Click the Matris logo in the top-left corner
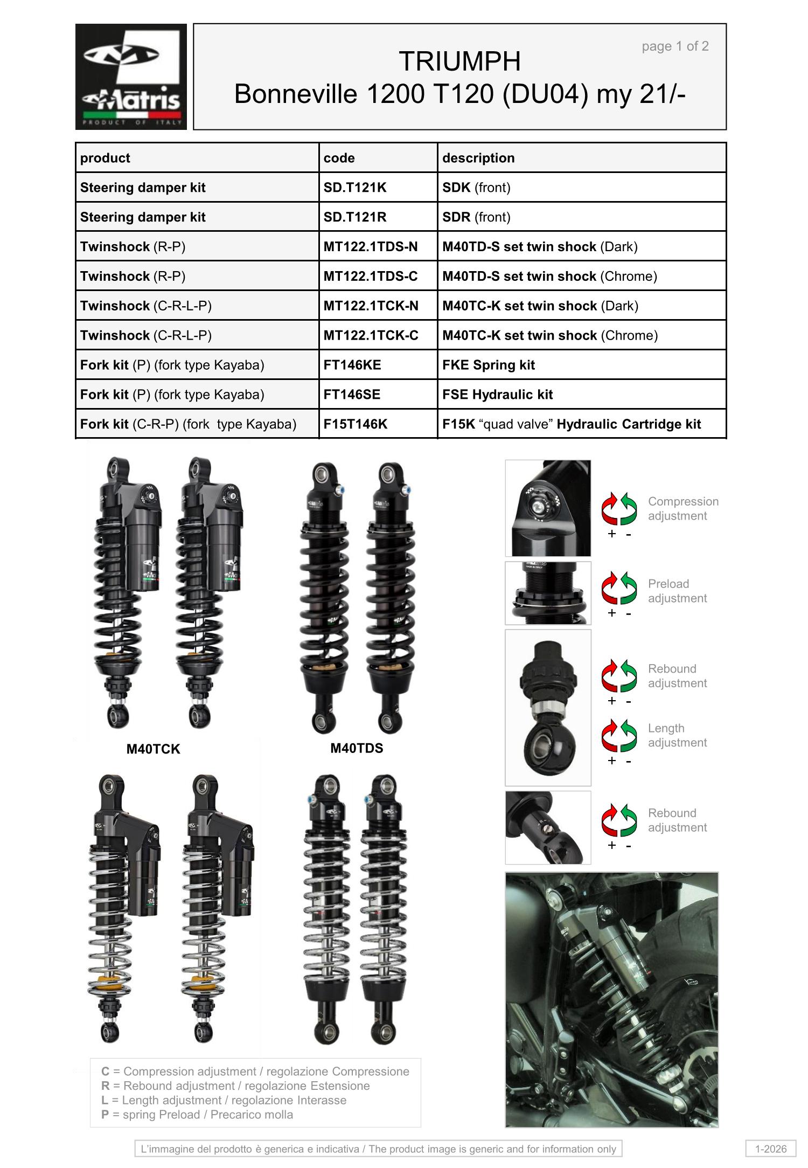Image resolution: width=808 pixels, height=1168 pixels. (x=131, y=77)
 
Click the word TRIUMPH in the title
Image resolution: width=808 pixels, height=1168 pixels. (x=459, y=61)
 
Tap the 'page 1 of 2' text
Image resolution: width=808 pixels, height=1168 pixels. (x=675, y=46)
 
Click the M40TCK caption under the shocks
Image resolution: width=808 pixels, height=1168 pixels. (x=153, y=749)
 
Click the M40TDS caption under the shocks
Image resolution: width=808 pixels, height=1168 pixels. (x=357, y=748)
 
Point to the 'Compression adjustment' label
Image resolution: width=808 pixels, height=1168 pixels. (x=683, y=509)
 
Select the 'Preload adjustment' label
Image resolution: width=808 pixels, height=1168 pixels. (x=677, y=591)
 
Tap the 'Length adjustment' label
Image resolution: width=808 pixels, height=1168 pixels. (x=676, y=735)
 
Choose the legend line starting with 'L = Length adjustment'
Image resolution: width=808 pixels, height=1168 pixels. (x=224, y=1100)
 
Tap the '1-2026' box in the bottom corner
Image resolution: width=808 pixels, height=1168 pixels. (x=771, y=1149)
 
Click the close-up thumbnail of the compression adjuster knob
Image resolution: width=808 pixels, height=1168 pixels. (x=548, y=508)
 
